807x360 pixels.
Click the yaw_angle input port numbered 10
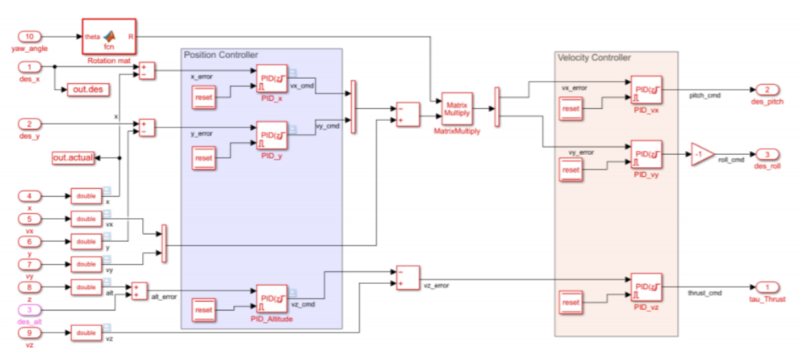pos(30,36)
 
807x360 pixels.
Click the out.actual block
pos(73,158)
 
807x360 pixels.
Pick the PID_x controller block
pos(271,79)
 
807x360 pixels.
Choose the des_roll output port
pos(767,154)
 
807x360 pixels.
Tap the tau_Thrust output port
pos(767,287)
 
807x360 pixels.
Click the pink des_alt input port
pos(30,310)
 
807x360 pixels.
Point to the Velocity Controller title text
pos(594,57)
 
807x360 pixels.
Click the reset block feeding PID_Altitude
pos(203,310)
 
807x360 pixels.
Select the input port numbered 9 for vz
pos(30,333)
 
